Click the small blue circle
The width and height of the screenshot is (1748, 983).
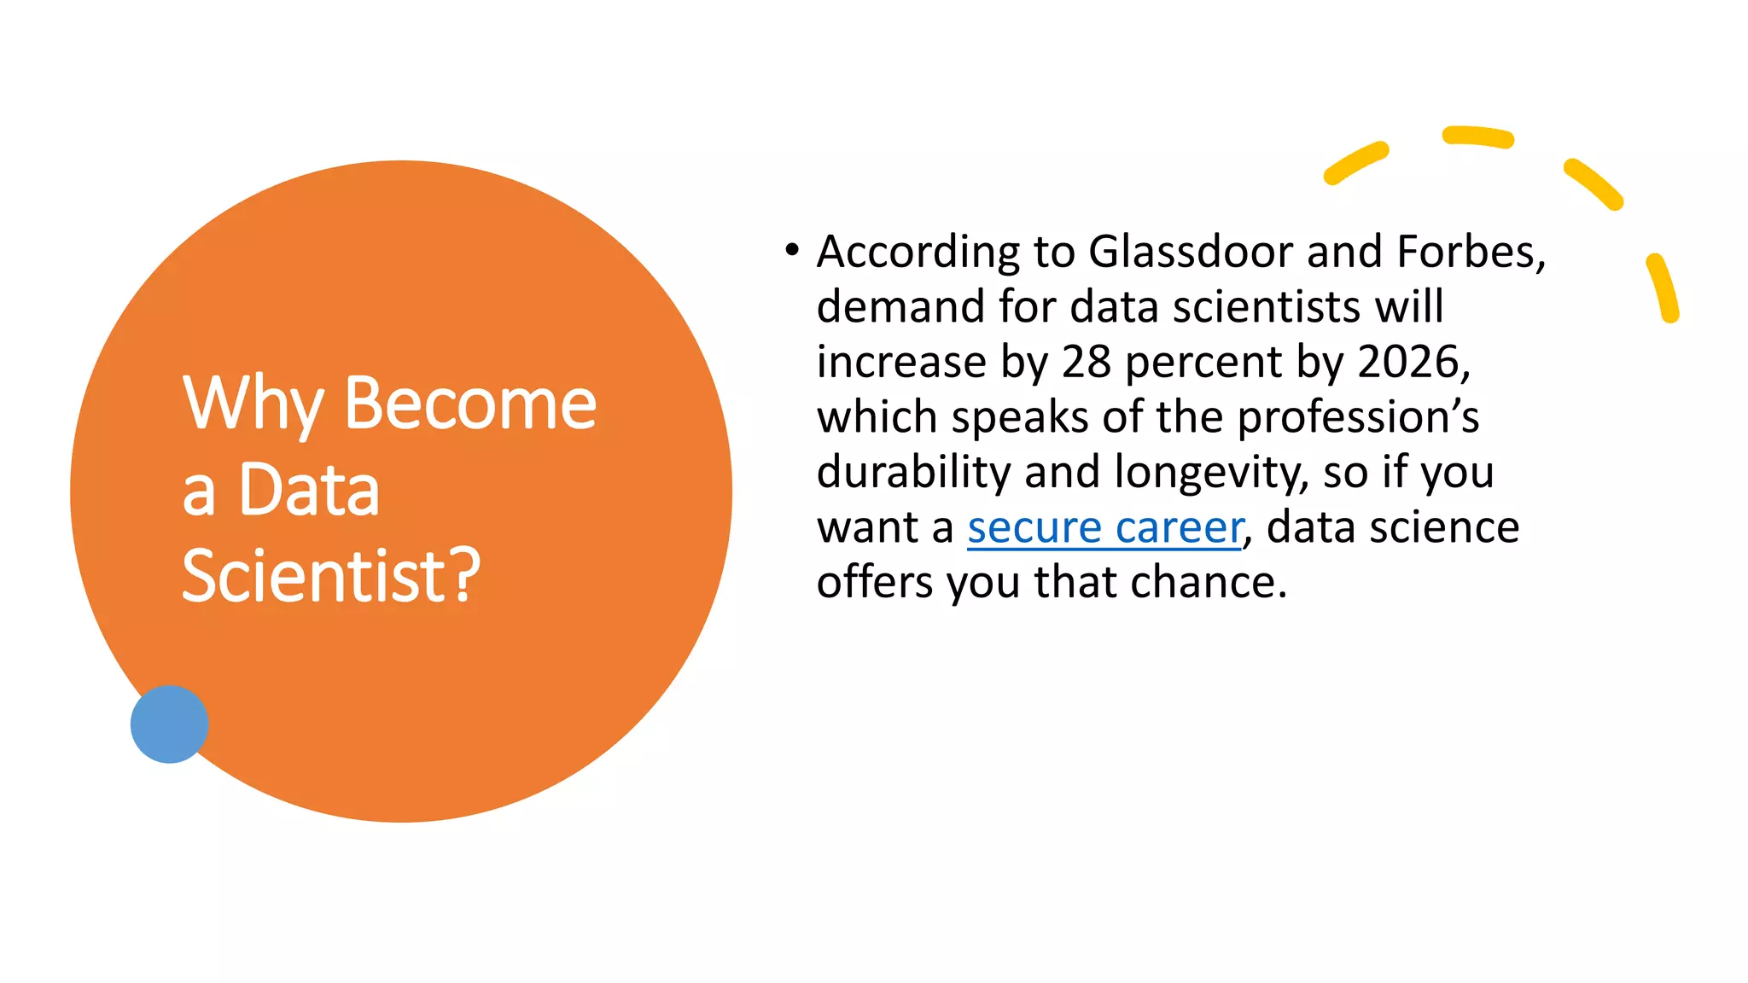(x=169, y=724)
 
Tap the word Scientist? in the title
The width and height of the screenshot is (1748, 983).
(x=331, y=576)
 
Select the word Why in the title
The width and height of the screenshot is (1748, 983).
(x=253, y=404)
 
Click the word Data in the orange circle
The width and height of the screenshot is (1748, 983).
(x=309, y=490)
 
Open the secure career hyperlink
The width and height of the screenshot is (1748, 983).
(x=1104, y=527)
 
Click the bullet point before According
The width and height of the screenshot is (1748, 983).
(x=792, y=250)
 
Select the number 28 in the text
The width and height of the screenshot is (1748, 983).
(x=1086, y=362)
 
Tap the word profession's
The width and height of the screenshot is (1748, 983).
(x=1357, y=418)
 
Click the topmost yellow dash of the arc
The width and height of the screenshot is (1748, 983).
(x=1477, y=137)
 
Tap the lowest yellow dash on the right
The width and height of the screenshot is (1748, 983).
(x=1663, y=288)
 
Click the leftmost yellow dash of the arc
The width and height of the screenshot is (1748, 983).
(x=1355, y=163)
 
